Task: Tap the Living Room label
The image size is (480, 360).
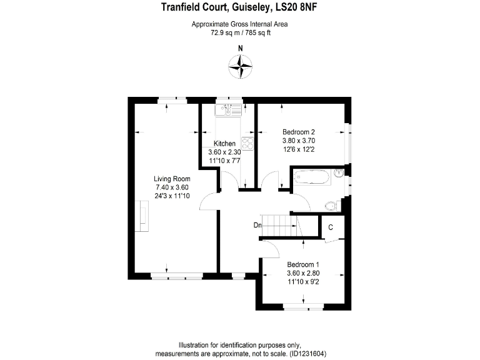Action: [x=172, y=179]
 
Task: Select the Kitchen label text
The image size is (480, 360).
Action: [x=224, y=144]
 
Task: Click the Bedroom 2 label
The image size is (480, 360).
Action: [x=298, y=132]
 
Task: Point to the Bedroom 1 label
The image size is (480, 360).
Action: [x=303, y=264]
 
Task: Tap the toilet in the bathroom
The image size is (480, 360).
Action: [x=332, y=204]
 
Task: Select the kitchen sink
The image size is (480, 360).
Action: [x=229, y=110]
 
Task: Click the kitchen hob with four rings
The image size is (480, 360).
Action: [x=247, y=144]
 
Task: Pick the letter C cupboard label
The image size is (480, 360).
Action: [x=330, y=227]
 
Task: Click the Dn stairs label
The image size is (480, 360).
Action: [x=257, y=225]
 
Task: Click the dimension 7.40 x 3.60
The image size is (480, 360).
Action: [x=172, y=187]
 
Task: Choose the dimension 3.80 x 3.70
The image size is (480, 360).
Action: [x=298, y=141]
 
